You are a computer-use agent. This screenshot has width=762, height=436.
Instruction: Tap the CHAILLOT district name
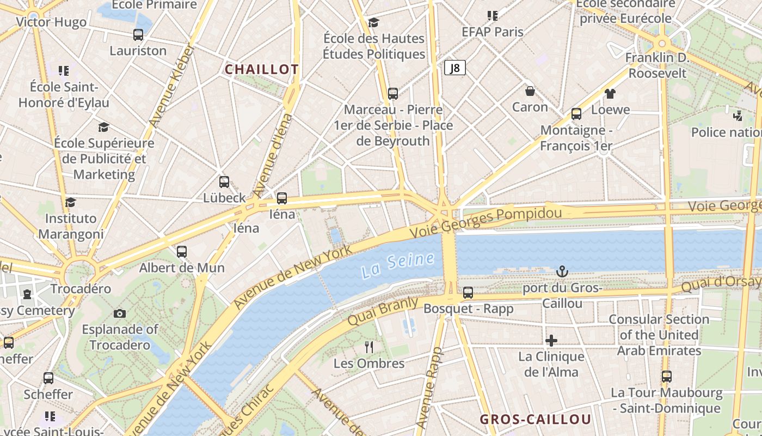pos(262,69)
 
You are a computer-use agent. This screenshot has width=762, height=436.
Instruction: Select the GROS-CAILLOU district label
pos(535,419)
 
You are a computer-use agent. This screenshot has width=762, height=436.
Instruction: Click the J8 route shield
pos(454,68)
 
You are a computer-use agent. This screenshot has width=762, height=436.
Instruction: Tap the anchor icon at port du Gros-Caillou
pos(562,271)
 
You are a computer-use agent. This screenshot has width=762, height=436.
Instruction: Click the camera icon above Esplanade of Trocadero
pos(120,313)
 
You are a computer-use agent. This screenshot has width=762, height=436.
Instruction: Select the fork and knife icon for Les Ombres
pos(369,347)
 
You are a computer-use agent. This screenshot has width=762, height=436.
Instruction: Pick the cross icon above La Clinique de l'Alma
pos(551,341)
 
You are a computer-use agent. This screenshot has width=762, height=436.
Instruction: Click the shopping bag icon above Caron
pos(530,91)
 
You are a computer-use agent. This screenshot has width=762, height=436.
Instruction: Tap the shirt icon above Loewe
pos(610,94)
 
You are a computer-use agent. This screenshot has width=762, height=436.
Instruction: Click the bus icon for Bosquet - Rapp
pos(468,293)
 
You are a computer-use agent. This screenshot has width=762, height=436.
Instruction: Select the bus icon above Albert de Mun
pos(182,252)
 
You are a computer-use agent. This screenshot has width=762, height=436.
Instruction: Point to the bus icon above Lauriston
pos(138,35)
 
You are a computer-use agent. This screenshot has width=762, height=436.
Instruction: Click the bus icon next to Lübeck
pos(224,182)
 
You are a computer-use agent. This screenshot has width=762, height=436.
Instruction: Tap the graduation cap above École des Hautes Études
pos(373,22)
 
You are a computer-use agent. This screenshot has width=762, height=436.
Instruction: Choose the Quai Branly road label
pos(383,311)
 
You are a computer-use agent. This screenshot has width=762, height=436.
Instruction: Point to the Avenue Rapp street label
pos(429,388)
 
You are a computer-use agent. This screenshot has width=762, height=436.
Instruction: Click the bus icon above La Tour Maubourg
pos(667,377)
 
